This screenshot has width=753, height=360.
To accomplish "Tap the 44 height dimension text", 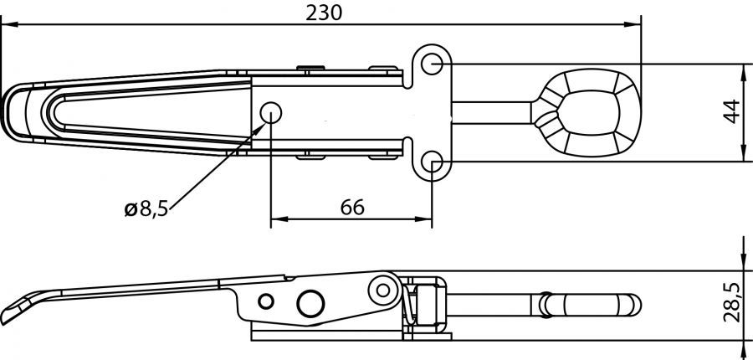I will [x=730, y=112].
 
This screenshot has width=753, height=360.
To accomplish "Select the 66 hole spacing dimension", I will [x=352, y=207].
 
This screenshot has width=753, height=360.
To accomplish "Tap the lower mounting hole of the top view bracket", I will [x=432, y=162].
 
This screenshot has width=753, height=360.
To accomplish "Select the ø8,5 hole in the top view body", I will [x=271, y=112].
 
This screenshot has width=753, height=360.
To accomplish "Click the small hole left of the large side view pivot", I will [x=266, y=301].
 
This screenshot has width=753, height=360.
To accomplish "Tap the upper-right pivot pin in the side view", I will [x=385, y=289].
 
